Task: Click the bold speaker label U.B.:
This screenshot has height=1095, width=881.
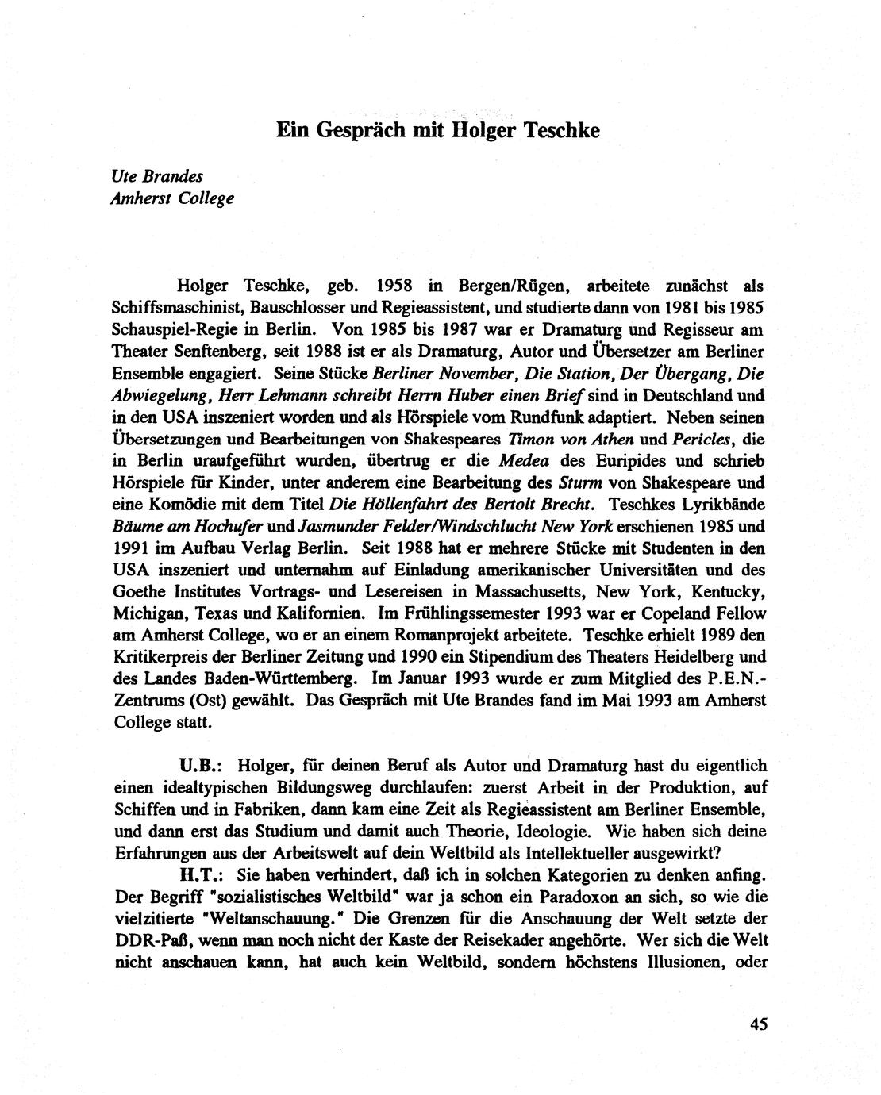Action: click(199, 766)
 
